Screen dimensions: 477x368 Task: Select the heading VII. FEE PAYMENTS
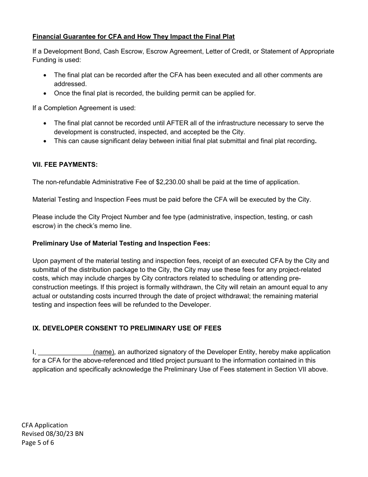coord(65,164)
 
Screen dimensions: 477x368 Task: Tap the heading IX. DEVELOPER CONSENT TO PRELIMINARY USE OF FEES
coord(127,328)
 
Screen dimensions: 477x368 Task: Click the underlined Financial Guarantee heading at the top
coord(133,37)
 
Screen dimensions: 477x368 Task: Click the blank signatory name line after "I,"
coord(65,352)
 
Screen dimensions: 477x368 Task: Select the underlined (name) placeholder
coord(104,352)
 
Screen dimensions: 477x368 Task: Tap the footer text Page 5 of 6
coord(38,442)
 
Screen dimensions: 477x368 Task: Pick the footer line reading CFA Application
coord(45,425)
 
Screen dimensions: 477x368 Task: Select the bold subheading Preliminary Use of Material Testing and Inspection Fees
coord(121,244)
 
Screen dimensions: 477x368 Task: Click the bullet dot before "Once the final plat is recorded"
coord(46,93)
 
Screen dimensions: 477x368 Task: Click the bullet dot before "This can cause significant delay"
coord(46,141)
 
